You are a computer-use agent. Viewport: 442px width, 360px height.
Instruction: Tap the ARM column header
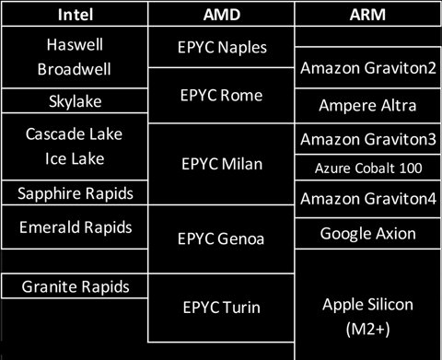tap(366, 15)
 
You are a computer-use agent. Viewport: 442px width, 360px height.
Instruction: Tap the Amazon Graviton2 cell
tap(366, 71)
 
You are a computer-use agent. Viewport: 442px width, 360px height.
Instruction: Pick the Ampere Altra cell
tap(366, 105)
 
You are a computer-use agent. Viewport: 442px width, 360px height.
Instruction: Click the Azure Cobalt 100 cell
tap(366, 168)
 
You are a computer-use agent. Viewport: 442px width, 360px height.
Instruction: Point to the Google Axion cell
tap(366, 234)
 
